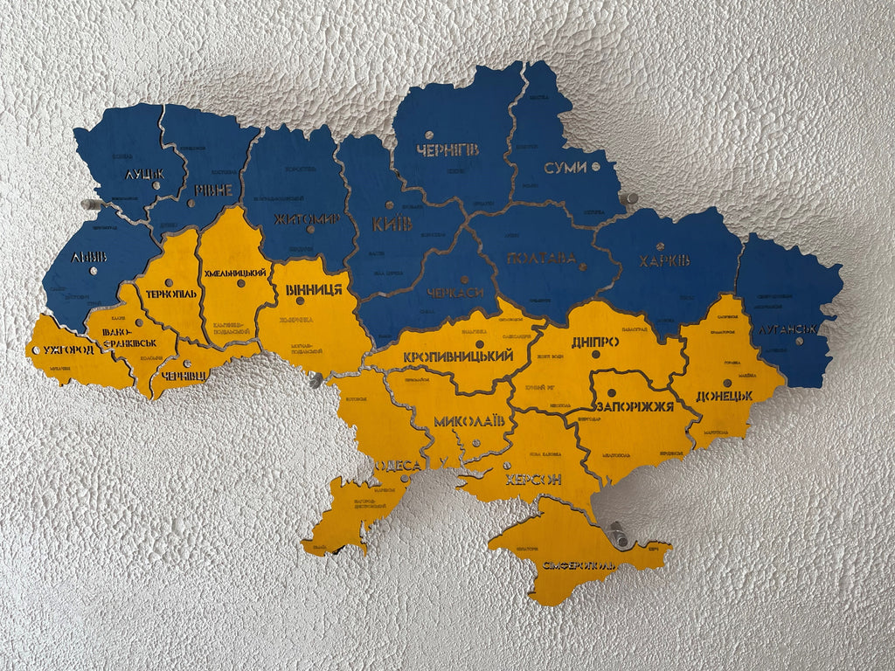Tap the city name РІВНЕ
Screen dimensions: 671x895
[213, 190]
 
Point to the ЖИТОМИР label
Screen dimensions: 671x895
[306, 218]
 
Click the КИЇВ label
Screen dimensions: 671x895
[392, 224]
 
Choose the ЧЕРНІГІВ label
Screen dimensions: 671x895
[447, 150]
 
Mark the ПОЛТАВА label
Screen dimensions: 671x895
[541, 258]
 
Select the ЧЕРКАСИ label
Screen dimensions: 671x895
[455, 292]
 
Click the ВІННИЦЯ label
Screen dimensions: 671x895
[313, 289]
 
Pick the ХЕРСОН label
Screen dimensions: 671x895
[532, 480]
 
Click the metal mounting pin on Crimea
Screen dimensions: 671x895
[619, 534]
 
